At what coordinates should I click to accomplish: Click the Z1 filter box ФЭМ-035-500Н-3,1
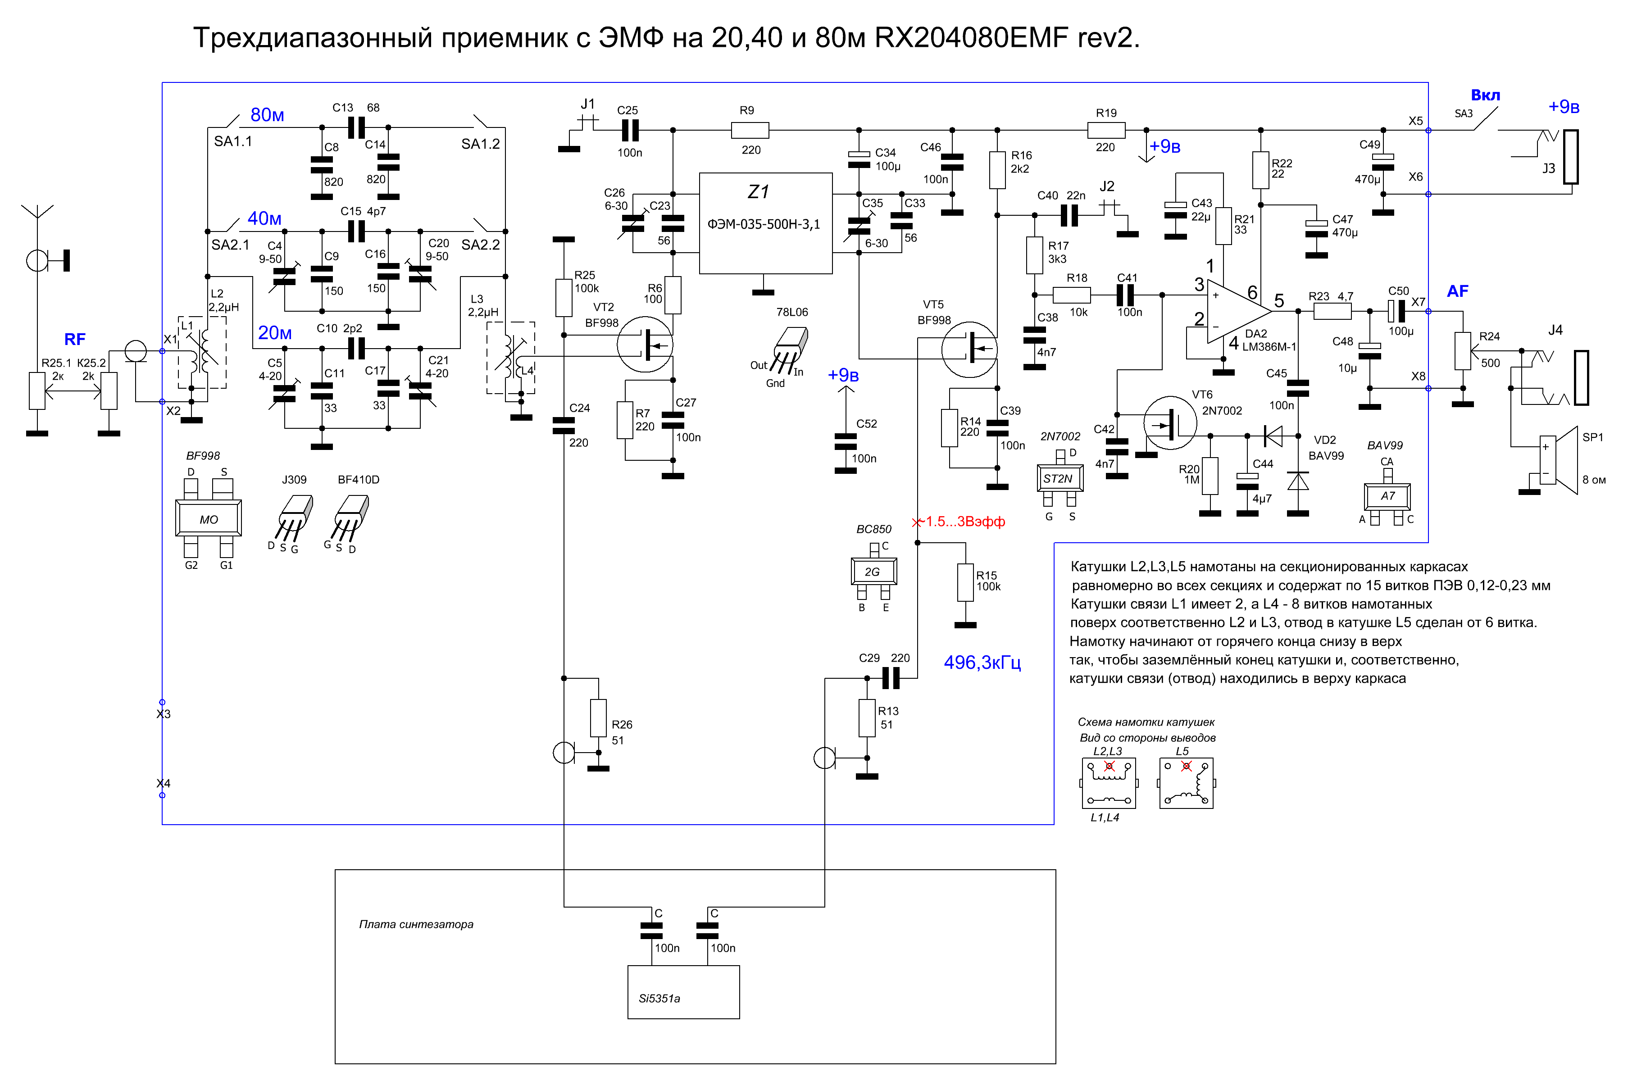[x=765, y=223]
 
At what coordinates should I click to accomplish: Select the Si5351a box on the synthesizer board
[x=683, y=992]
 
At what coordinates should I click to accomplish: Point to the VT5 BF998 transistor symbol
[x=969, y=350]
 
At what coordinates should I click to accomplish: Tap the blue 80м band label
[x=267, y=115]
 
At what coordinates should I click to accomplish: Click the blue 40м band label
[x=264, y=218]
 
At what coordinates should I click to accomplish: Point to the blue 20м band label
[x=275, y=333]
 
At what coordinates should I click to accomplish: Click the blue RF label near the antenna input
[x=75, y=339]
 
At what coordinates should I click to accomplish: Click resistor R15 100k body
[x=965, y=582]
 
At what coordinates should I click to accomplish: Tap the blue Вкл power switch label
[x=1485, y=95]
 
